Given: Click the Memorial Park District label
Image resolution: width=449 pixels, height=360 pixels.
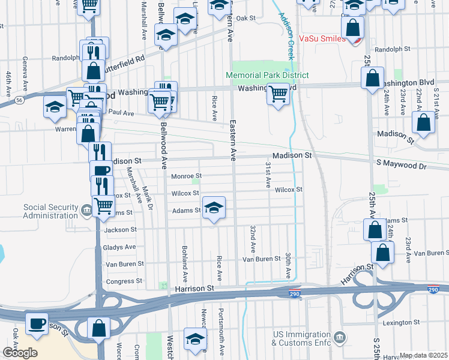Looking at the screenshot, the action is coord(267,76).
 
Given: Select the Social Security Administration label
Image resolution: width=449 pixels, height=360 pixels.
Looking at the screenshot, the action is coord(50,211).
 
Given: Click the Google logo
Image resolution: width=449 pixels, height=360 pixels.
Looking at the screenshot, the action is coord(20,352).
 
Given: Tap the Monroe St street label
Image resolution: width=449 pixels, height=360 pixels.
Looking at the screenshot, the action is coord(185,176).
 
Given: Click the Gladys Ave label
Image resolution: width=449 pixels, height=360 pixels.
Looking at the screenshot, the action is coord(119,247).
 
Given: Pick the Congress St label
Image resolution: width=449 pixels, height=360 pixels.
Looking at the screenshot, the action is coord(124,281).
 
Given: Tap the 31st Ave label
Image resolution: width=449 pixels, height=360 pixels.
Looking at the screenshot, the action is coord(268,174).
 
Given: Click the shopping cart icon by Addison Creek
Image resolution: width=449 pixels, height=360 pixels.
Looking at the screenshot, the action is coord(278,94).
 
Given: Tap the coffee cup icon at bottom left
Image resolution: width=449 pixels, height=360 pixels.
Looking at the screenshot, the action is coord(37,323).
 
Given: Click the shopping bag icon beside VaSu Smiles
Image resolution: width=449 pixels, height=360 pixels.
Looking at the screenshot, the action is coord(352,27).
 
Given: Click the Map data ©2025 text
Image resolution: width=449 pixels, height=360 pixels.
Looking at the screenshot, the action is coord(423,355).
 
